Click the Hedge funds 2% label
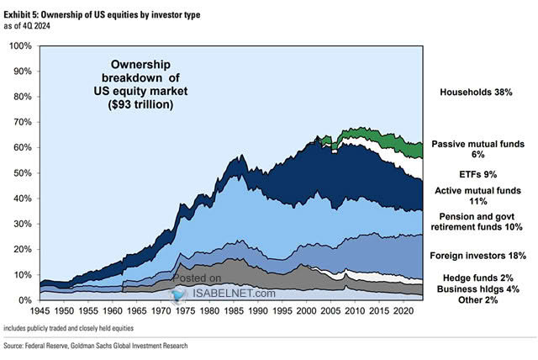(477, 278)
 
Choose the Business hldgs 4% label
(477, 290)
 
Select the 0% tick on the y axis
(26, 300)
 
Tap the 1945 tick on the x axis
(40, 309)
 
